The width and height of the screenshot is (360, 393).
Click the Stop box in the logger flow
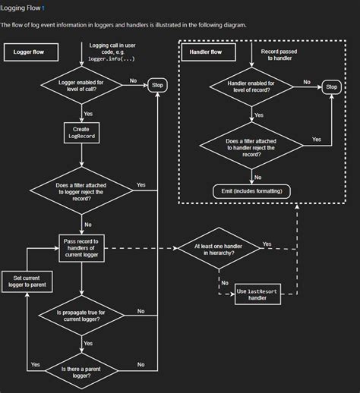(157, 85)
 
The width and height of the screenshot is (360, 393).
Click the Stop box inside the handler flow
(332, 87)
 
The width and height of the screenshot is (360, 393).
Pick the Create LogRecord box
(81, 134)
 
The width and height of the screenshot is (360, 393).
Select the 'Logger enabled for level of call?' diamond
(81, 85)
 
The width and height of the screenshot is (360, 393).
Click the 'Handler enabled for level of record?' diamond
(252, 87)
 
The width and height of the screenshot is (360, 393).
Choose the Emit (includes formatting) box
(252, 191)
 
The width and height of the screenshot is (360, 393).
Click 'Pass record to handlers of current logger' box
(81, 248)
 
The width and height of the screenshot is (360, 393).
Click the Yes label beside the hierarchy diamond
(267, 244)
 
